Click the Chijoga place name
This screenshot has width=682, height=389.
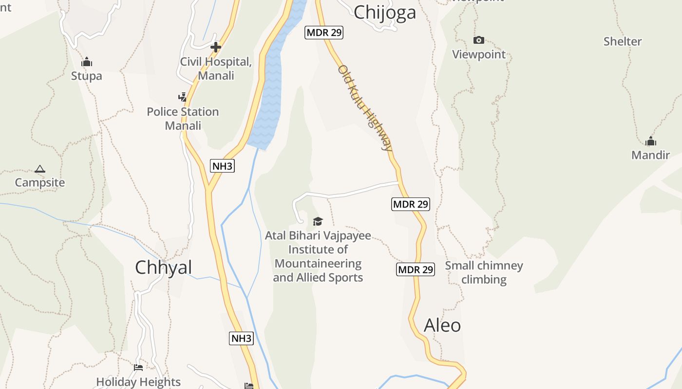pyautogui.click(x=385, y=12)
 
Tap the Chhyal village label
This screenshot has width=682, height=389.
pyautogui.click(x=163, y=267)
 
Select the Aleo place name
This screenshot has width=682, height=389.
pyautogui.click(x=442, y=325)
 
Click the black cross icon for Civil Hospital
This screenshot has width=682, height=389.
pyautogui.click(x=216, y=47)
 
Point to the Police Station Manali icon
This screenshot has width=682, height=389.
pyautogui.click(x=183, y=97)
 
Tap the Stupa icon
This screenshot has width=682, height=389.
pyautogui.click(x=87, y=62)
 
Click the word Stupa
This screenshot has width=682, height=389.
pyautogui.click(x=87, y=76)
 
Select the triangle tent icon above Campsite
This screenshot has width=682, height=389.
pyautogui.click(x=40, y=169)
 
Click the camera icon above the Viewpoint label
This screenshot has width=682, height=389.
pyautogui.click(x=479, y=40)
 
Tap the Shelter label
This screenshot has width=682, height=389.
pyautogui.click(x=623, y=41)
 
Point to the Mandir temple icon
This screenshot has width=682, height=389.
pyautogui.click(x=650, y=141)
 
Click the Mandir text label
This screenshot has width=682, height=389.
pyautogui.click(x=650, y=155)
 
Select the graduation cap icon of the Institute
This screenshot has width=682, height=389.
pyautogui.click(x=318, y=222)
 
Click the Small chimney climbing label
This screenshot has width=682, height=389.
pyautogui.click(x=484, y=272)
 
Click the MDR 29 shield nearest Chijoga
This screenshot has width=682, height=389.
pyautogui.click(x=324, y=33)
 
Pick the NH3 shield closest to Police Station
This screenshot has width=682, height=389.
pyautogui.click(x=223, y=166)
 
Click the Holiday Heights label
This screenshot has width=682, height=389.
pyautogui.click(x=138, y=382)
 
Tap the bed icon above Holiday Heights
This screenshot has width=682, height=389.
pyautogui.click(x=138, y=368)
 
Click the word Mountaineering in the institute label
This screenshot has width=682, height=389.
pyautogui.click(x=318, y=264)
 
